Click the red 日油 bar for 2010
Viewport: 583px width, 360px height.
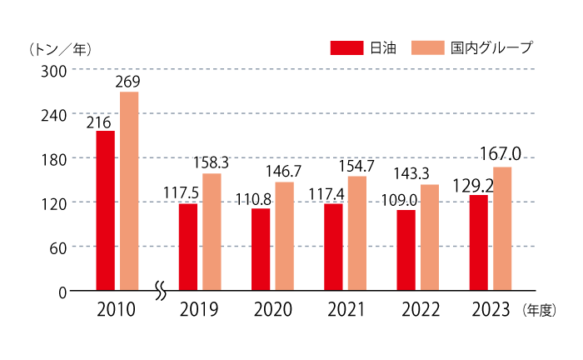coord(105,210)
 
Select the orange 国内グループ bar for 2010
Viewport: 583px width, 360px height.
coord(128,191)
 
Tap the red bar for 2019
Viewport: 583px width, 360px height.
coord(187,247)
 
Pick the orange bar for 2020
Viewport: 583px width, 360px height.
coord(285,236)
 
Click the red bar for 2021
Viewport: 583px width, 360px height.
coord(333,247)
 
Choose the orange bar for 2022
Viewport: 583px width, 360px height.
coord(430,237)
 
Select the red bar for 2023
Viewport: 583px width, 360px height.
coord(478,242)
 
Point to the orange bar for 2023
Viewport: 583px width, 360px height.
coord(502,228)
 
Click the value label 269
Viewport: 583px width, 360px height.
coord(128,82)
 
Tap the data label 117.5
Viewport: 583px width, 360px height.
coord(181,193)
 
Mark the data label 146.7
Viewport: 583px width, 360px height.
coord(285,172)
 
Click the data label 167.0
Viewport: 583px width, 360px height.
coord(501,154)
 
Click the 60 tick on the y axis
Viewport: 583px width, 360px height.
coord(57,247)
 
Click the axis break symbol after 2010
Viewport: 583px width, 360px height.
coord(161,291)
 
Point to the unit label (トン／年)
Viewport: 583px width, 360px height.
coord(60,49)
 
